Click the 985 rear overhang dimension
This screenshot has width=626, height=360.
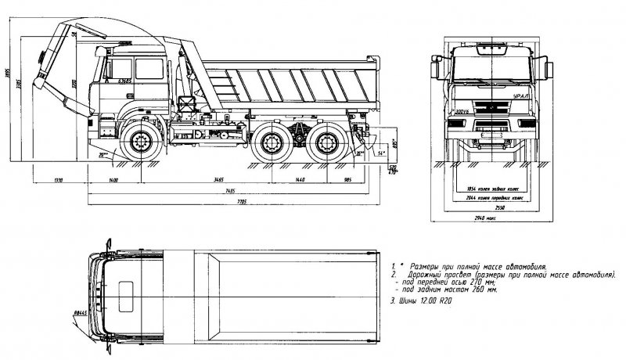coord(347,180)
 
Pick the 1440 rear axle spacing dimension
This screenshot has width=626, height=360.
coord(299,180)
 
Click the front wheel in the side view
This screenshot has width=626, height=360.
coord(142,142)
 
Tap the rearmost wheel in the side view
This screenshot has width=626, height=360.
coord(324,142)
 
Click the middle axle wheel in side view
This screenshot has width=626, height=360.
coord(273,142)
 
